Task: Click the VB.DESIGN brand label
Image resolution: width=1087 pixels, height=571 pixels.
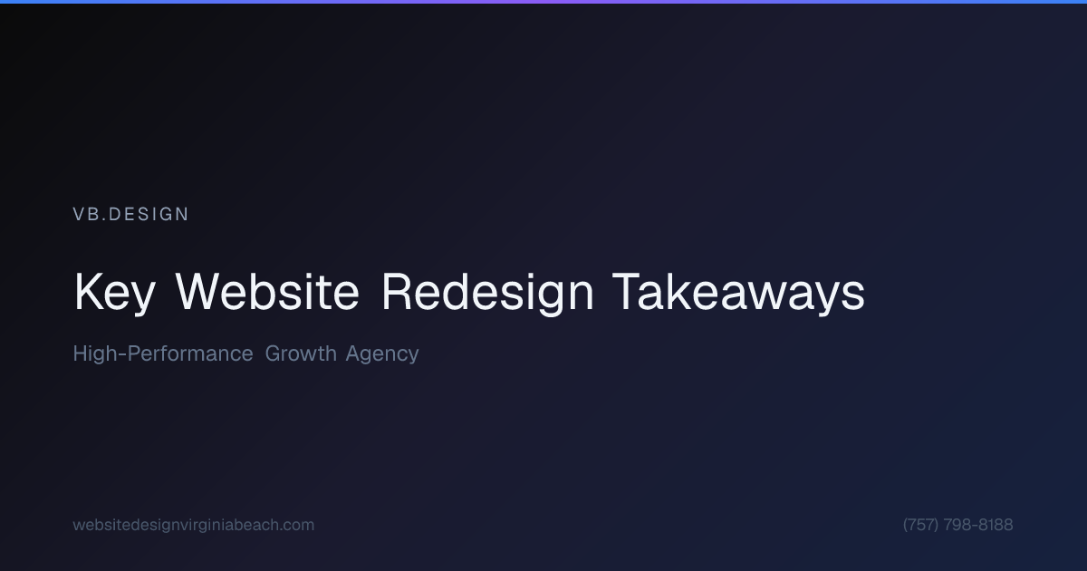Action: click(x=131, y=215)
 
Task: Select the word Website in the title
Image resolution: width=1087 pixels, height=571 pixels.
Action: click(x=267, y=293)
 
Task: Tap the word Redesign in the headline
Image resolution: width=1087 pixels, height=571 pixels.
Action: click(x=487, y=293)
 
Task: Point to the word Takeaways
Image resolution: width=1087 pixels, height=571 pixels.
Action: click(x=738, y=293)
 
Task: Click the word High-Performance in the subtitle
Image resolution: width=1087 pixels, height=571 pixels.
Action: click(x=163, y=353)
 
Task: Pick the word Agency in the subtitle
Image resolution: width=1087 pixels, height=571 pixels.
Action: click(x=382, y=354)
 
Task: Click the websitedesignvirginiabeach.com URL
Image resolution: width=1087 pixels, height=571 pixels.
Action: click(x=194, y=525)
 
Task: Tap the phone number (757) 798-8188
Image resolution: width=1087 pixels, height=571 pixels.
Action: click(x=958, y=525)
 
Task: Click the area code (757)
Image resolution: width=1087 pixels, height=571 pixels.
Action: click(x=920, y=525)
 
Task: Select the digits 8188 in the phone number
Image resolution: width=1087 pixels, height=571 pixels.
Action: click(x=996, y=525)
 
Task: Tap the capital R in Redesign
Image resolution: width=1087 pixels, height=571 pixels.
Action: click(x=395, y=293)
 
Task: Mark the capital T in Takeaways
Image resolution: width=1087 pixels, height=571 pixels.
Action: click(x=628, y=293)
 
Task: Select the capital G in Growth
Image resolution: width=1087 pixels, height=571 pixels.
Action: click(x=273, y=353)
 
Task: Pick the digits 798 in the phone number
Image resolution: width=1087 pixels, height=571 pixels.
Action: click(x=957, y=525)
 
